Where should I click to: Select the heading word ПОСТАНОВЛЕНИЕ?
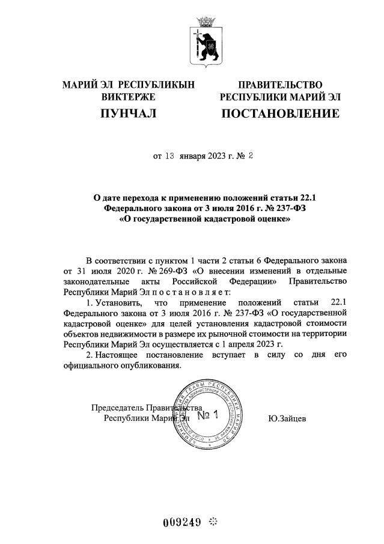tap(280, 113)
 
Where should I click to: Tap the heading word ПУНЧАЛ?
tap(129, 113)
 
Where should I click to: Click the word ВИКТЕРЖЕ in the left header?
tap(129, 96)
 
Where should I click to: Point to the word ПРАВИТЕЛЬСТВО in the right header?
tap(280, 85)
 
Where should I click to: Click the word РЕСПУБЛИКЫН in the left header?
tap(158, 85)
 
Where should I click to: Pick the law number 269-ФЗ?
tap(138, 270)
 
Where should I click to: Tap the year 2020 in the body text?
tap(102, 270)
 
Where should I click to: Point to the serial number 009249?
tap(181, 521)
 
